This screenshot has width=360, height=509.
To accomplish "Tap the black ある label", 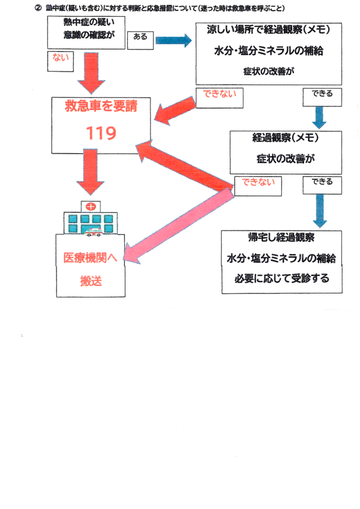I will pos(140,37).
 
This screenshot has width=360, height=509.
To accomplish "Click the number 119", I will pos(101,133).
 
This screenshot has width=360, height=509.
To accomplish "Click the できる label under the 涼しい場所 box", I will pos(322,95).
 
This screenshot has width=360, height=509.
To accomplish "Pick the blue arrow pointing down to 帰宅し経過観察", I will pos(320,207).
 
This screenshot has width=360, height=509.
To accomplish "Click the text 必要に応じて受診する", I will pos(282,278).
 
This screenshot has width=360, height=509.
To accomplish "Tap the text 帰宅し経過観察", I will pos(281,238).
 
